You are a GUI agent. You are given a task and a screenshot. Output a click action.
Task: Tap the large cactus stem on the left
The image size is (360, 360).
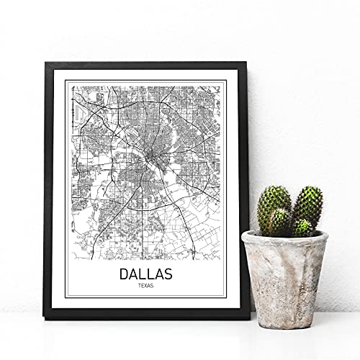274,210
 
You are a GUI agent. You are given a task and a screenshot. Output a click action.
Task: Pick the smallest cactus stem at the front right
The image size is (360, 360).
303,227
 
